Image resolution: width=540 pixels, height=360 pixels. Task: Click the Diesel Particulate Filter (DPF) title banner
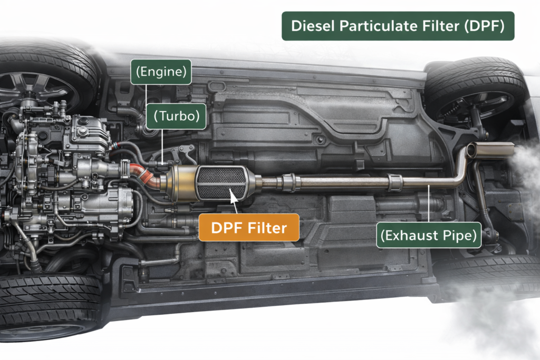click(x=398, y=26)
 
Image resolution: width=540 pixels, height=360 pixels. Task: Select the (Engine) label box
click(x=161, y=72)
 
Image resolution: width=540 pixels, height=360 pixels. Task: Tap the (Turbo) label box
click(x=176, y=116)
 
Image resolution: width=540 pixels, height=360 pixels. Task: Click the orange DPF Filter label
click(x=249, y=228)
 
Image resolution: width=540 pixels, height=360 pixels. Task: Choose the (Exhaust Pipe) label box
click(x=428, y=235)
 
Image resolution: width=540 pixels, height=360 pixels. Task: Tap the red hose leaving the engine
click(x=144, y=175)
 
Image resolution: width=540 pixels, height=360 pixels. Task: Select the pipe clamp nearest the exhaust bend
click(x=395, y=182)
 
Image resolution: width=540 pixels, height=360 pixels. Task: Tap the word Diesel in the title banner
click(x=313, y=26)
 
